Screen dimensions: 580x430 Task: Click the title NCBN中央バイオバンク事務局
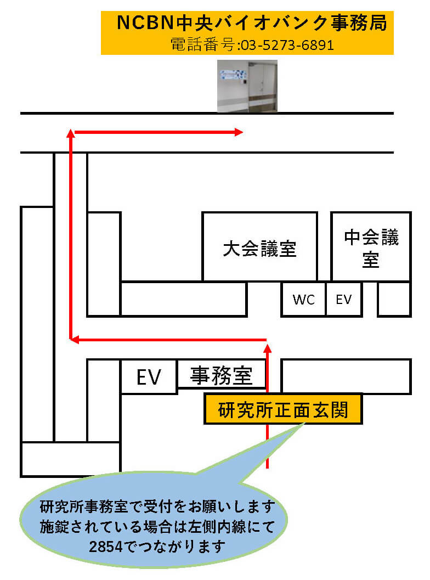tap(252, 23)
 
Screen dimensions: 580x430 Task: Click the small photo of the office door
tap(247, 86)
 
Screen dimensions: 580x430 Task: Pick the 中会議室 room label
tap(371, 248)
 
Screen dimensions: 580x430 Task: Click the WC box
tap(303, 300)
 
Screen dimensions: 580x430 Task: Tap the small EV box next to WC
tap(343, 300)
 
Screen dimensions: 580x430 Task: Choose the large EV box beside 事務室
tap(148, 377)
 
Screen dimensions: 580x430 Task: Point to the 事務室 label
tap(221, 376)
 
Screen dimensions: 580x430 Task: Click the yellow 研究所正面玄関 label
tap(283, 409)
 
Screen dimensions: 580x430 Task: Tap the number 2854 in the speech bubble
tap(106, 547)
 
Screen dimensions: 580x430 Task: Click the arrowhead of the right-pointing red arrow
tap(239, 132)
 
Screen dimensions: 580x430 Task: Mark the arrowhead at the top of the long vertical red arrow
tap(70, 132)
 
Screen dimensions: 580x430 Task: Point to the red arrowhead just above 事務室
tap(267, 346)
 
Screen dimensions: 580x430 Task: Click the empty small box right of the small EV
tap(394, 300)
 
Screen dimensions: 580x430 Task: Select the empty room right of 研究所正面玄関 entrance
tap(346, 376)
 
